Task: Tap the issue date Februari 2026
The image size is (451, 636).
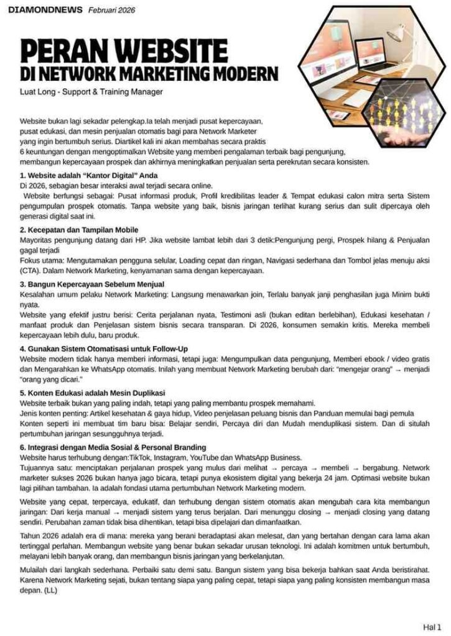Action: click(x=111, y=11)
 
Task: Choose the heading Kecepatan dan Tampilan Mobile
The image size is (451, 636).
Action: click(x=78, y=230)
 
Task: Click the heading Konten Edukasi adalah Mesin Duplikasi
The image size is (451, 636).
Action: click(x=92, y=393)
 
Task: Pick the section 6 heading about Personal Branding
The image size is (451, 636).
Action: click(x=113, y=447)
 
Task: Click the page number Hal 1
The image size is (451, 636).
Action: click(x=432, y=627)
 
